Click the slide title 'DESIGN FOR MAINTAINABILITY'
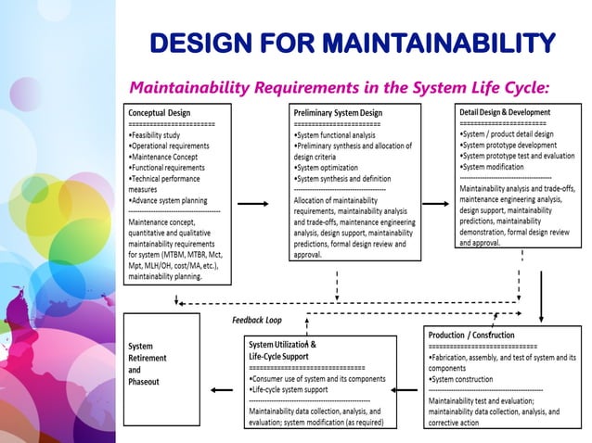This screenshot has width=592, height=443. (352, 43)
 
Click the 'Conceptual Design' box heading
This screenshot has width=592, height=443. (160, 112)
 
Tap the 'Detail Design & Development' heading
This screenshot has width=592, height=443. (504, 112)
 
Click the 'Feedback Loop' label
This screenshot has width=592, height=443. (256, 320)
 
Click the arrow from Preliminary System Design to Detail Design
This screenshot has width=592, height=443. (434, 202)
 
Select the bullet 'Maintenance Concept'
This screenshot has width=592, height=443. (167, 157)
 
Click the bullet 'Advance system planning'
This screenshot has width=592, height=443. (170, 200)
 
